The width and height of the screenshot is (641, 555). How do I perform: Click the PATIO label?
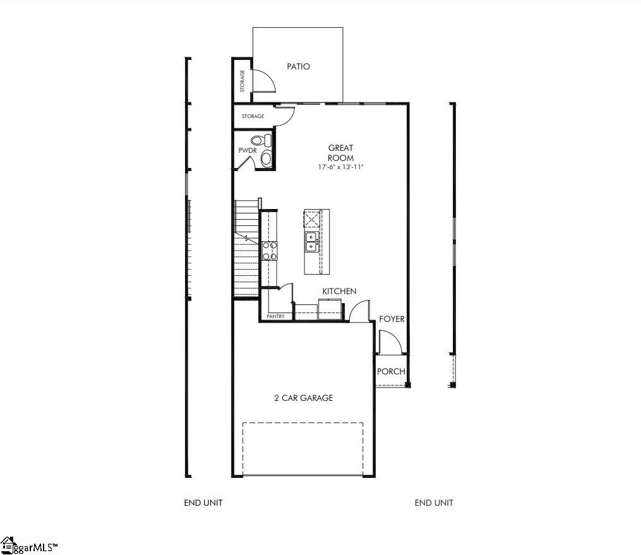tap(298, 66)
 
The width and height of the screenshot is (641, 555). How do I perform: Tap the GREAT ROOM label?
tap(340, 153)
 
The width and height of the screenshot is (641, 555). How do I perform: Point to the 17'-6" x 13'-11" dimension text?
tap(341, 167)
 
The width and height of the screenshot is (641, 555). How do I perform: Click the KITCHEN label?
tap(339, 291)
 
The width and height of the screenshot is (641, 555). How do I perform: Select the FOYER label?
tap(392, 319)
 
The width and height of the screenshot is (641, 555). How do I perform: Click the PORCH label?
tap(391, 371)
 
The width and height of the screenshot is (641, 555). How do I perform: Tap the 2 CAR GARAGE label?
tap(303, 398)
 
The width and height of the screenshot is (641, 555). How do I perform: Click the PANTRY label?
tap(275, 316)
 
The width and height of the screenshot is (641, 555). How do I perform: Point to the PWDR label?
tap(246, 151)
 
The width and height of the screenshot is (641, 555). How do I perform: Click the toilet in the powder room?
tap(260, 140)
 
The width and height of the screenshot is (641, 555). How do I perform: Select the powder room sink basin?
tap(266, 158)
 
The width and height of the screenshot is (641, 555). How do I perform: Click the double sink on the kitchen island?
tap(311, 241)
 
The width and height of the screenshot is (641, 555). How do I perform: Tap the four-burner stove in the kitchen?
tap(270, 251)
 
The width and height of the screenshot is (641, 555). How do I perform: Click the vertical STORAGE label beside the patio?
tap(242, 81)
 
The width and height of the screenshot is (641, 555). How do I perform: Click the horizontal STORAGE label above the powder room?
tap(253, 116)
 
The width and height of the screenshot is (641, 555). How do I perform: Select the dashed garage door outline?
tap(303, 448)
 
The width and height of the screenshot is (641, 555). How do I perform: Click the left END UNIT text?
tap(203, 503)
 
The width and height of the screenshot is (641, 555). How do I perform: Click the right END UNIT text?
tap(434, 503)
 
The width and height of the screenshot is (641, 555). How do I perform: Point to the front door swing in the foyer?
tap(390, 341)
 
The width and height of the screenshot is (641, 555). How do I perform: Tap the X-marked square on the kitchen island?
tap(312, 220)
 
